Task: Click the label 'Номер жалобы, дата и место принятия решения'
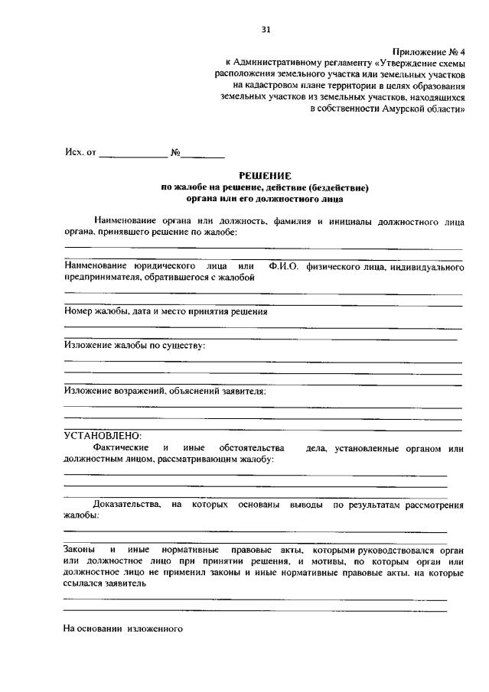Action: (165, 311)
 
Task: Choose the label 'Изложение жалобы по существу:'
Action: (135, 345)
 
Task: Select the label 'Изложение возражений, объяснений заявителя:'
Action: (165, 390)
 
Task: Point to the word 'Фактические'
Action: (119, 447)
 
